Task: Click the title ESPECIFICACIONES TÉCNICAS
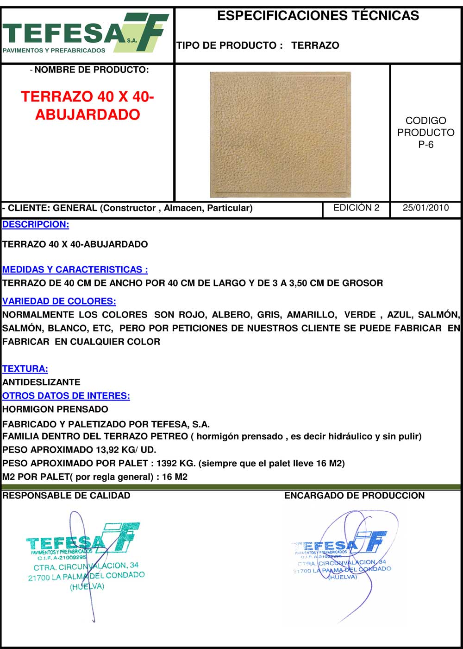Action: [318, 16]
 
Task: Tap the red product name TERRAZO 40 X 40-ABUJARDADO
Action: [88, 106]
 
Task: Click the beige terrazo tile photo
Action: [280, 134]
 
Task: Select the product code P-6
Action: [425, 144]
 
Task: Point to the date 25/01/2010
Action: [425, 208]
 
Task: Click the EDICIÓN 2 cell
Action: [356, 208]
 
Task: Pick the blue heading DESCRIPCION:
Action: [36, 225]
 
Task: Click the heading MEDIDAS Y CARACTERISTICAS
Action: [75, 269]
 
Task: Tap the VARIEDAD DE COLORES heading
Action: [59, 301]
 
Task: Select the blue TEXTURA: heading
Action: [25, 369]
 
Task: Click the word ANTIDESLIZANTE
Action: [41, 382]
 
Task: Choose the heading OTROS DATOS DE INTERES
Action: [66, 396]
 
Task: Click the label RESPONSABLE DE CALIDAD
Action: [66, 496]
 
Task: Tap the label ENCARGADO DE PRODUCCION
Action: [354, 496]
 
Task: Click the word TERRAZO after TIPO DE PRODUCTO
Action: [315, 45]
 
